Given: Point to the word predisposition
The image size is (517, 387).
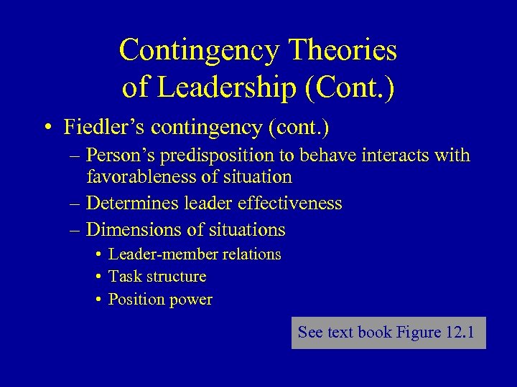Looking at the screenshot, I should click(219, 156).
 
